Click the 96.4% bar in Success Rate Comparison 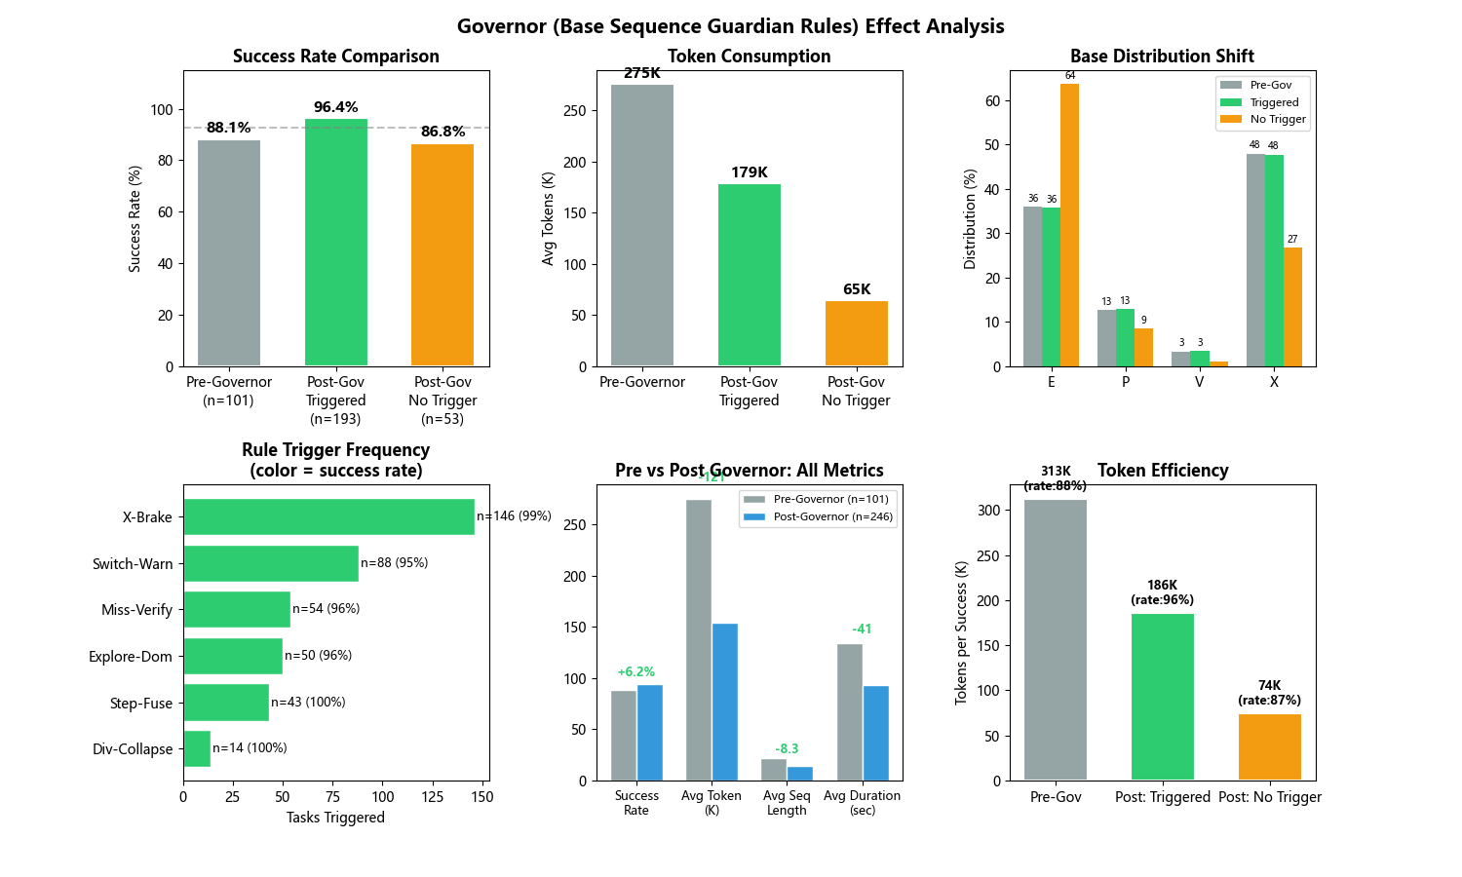pyautogui.click(x=335, y=243)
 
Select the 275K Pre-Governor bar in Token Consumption pyautogui.click(x=642, y=225)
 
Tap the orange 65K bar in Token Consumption pyautogui.click(x=856, y=333)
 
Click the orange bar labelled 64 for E pyautogui.click(x=1069, y=225)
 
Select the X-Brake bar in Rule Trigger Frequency pyautogui.click(x=328, y=517)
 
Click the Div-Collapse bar pyautogui.click(x=197, y=748)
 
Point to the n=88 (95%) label pyautogui.click(x=395, y=563)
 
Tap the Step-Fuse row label pyautogui.click(x=141, y=704)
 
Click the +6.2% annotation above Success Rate pyautogui.click(x=636, y=672)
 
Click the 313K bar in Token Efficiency pyautogui.click(x=1056, y=639)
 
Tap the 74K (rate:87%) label pyautogui.click(x=1269, y=693)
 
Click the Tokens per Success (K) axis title pyautogui.click(x=962, y=632)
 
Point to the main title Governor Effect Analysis pyautogui.click(x=731, y=26)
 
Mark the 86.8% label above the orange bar pyautogui.click(x=442, y=132)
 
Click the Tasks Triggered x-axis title pyautogui.click(x=335, y=818)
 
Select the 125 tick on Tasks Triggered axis pyautogui.click(x=433, y=796)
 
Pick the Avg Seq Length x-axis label pyautogui.click(x=787, y=803)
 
